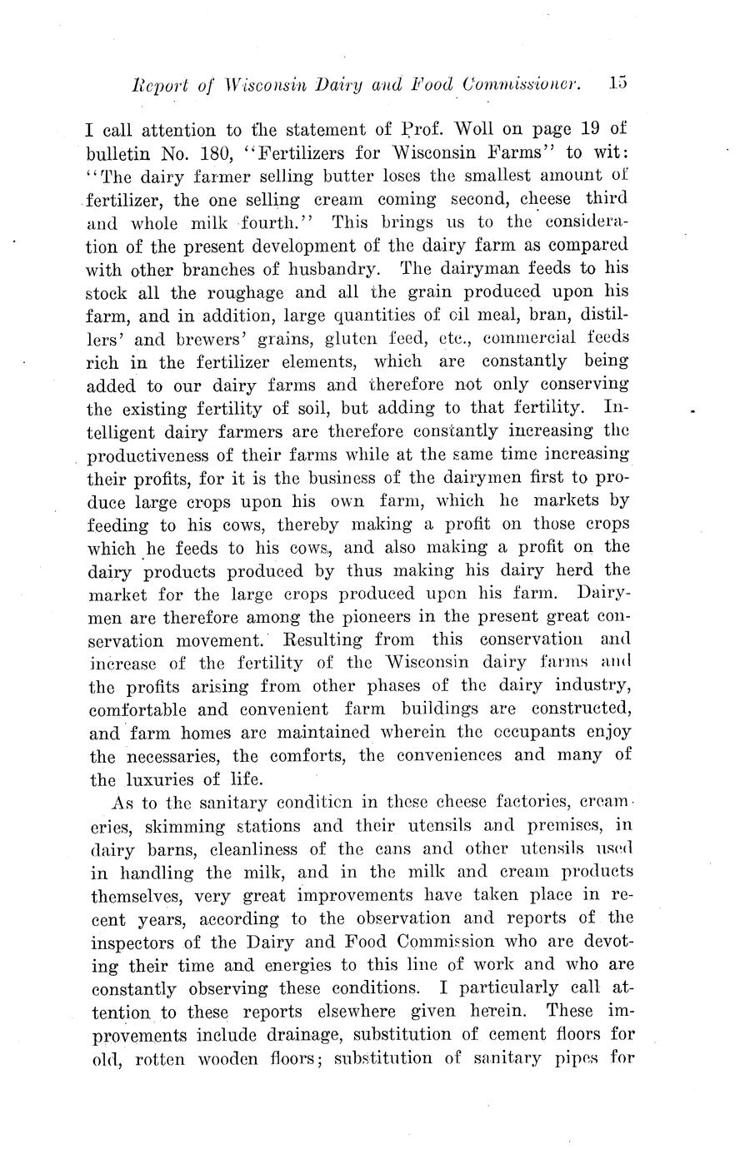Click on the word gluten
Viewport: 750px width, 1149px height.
[x=367, y=339]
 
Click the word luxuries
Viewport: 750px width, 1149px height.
[x=157, y=780]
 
